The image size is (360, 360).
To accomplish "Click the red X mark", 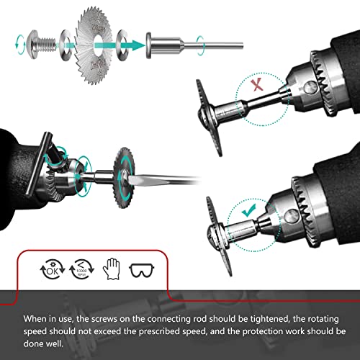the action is [257, 85].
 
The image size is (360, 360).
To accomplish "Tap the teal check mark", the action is [249, 210].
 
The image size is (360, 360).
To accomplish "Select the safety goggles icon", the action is [142, 270].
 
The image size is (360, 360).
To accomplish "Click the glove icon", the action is [112, 269].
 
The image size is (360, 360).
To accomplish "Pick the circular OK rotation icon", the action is [53, 269].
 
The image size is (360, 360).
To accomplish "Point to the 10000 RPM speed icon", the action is [81, 269].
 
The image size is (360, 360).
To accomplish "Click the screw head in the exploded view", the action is [32, 45].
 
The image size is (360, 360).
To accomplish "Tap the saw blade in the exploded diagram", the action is [94, 45].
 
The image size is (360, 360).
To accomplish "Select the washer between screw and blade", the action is [65, 45].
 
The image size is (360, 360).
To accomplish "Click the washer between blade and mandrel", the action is [122, 45].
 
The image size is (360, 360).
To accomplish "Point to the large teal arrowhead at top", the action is [138, 45].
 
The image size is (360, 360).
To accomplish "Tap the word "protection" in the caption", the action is [261, 331].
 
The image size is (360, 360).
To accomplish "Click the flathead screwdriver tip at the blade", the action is [130, 179].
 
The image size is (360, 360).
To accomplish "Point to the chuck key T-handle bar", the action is [38, 164].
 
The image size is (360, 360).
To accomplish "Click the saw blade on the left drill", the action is [123, 178].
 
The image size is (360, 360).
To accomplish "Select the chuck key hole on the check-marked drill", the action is [292, 215].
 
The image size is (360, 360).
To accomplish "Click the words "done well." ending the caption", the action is [43, 343].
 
